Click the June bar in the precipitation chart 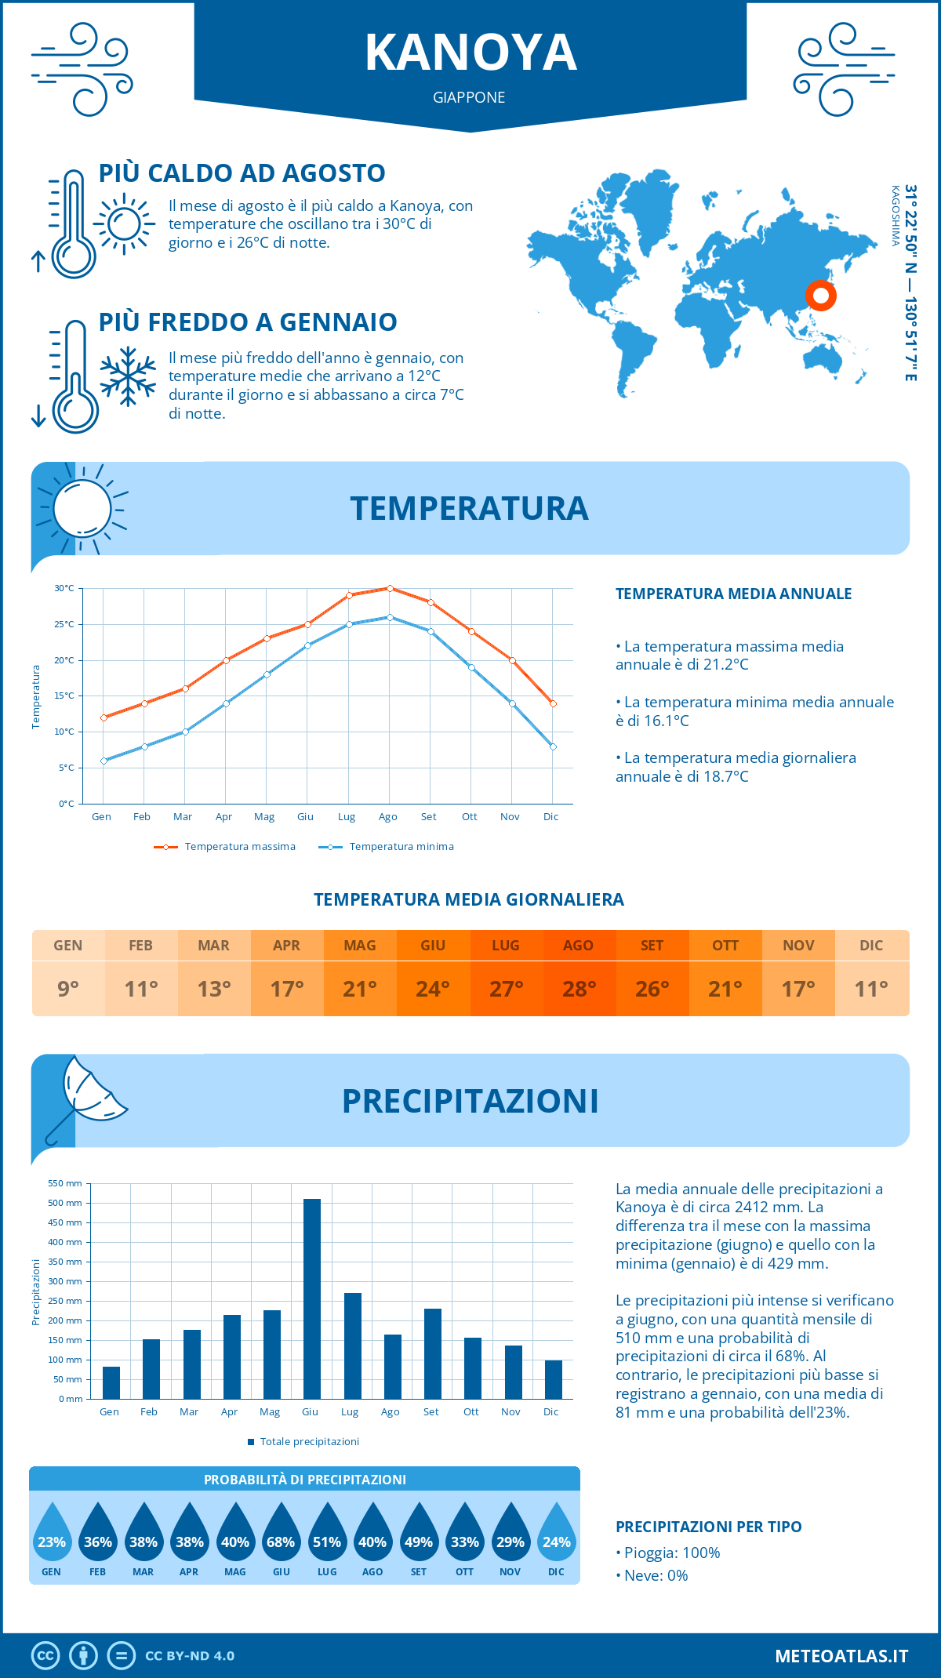click(x=311, y=1298)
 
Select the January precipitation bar click(x=111, y=1382)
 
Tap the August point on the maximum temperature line click(x=390, y=588)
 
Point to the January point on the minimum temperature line click(x=104, y=761)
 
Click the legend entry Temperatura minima click(x=401, y=847)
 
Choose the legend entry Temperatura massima click(x=239, y=847)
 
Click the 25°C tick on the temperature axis click(x=64, y=625)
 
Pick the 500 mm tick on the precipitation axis click(x=65, y=1203)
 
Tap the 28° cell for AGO click(x=579, y=989)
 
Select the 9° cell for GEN click(x=68, y=989)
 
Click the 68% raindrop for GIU click(x=281, y=1542)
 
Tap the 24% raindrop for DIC click(x=556, y=1542)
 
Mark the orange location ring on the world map click(x=820, y=296)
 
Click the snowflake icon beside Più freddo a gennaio click(x=128, y=376)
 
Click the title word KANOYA click(x=470, y=53)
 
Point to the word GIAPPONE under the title click(x=469, y=97)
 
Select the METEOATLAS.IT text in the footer click(x=841, y=1656)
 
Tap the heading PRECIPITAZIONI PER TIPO click(x=708, y=1527)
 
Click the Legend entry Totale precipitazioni click(x=309, y=1441)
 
